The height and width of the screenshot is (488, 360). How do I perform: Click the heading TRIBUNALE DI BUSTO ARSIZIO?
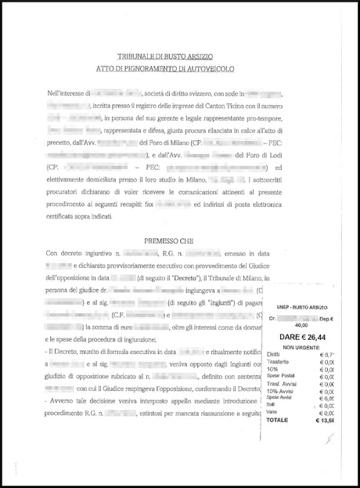point(179,57)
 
